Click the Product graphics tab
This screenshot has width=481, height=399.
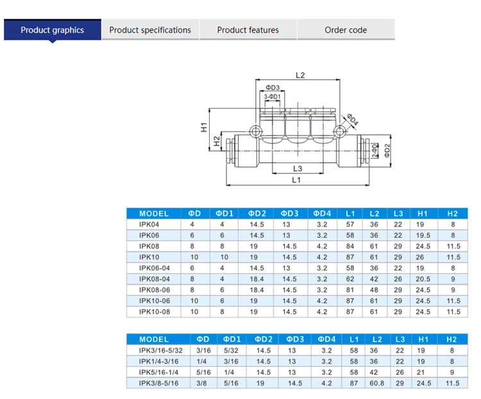tap(53, 30)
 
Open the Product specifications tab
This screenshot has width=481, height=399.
tap(150, 30)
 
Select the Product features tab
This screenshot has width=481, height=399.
tap(248, 30)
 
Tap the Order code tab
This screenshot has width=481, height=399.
tap(346, 30)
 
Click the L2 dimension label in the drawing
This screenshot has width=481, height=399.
tap(300, 75)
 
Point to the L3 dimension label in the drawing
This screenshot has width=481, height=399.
tap(298, 168)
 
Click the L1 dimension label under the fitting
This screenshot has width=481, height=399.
tap(296, 180)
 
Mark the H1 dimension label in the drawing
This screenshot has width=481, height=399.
tap(204, 127)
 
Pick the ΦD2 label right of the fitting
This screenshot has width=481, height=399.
tap(387, 150)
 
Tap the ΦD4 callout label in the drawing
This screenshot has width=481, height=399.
tap(353, 120)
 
